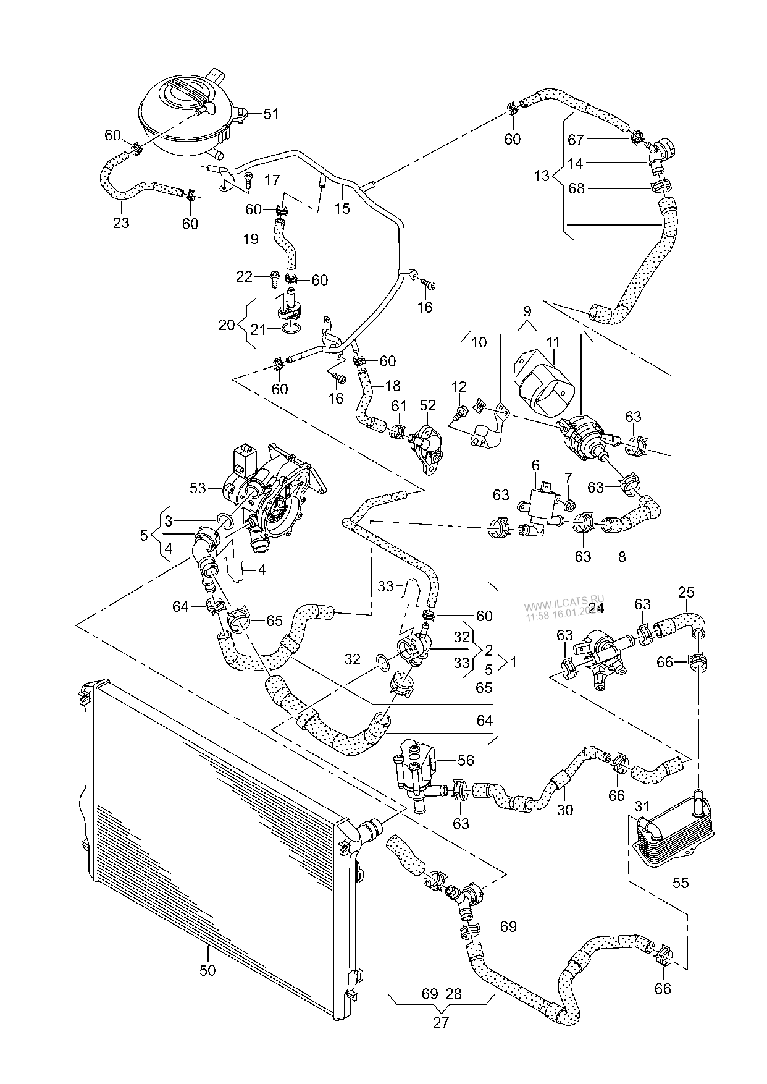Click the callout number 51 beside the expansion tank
point(271,114)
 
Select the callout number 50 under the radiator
point(207,970)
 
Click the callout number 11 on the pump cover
point(552,341)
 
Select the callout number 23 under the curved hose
point(121,222)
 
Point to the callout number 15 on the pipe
point(342,208)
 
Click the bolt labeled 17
point(248,179)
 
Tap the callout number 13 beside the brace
point(541,176)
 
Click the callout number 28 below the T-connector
point(453,994)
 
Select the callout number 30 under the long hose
point(565,810)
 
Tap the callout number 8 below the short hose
point(621,556)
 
